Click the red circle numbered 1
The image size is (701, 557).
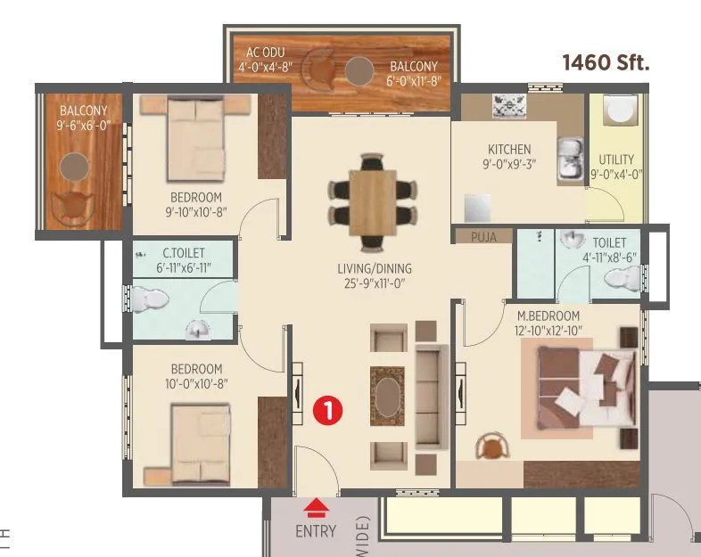click(328, 410)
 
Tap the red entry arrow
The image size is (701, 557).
click(315, 509)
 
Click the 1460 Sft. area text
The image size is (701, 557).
click(605, 62)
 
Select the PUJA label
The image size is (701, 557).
click(483, 237)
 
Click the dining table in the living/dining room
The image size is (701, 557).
click(372, 201)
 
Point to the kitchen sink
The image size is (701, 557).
click(568, 160)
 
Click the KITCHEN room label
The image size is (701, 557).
click(509, 150)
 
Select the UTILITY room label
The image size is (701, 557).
click(616, 160)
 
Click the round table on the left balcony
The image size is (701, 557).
click(74, 166)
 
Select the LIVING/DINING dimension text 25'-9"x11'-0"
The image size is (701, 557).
click(373, 283)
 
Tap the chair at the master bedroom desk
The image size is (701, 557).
click(489, 446)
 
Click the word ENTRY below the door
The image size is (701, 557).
click(316, 532)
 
